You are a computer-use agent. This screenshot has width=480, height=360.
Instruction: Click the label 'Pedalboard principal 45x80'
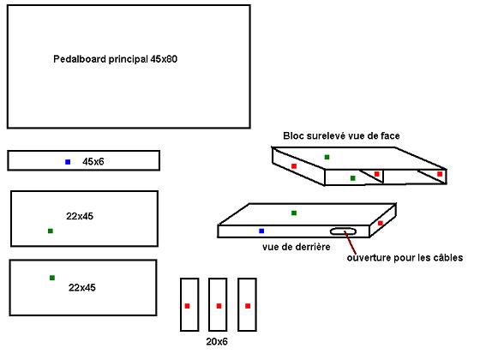click(115, 59)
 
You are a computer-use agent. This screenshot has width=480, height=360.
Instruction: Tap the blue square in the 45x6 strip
click(68, 162)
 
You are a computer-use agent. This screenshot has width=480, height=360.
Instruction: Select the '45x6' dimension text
click(93, 161)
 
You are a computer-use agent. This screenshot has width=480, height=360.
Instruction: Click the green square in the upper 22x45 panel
click(51, 231)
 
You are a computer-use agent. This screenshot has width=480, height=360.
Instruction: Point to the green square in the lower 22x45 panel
click(52, 278)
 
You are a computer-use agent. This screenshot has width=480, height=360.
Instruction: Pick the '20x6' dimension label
click(217, 341)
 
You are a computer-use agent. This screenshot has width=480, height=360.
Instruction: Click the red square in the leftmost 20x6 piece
click(188, 306)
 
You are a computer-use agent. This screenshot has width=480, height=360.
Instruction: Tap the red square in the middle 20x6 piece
click(219, 306)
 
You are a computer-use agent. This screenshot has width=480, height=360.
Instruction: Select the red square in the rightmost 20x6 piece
click(248, 306)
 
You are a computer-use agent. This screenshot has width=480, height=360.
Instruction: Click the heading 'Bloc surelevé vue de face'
click(341, 135)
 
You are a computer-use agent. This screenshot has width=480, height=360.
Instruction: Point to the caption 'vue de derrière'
click(297, 247)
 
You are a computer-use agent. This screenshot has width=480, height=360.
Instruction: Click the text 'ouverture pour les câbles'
click(405, 257)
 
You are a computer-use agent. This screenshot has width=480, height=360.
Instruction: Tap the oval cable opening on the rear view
click(343, 231)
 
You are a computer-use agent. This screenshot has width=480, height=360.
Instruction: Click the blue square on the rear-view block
click(261, 231)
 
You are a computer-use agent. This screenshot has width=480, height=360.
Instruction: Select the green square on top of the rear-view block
click(294, 213)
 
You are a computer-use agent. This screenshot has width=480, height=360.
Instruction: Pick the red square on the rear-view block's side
click(381, 223)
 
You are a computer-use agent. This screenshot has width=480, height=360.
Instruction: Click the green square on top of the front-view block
click(327, 157)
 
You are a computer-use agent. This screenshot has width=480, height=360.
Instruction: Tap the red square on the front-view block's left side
click(294, 166)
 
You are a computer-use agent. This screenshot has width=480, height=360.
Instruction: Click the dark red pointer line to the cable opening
click(350, 242)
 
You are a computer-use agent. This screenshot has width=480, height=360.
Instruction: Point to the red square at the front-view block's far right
click(440, 174)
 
